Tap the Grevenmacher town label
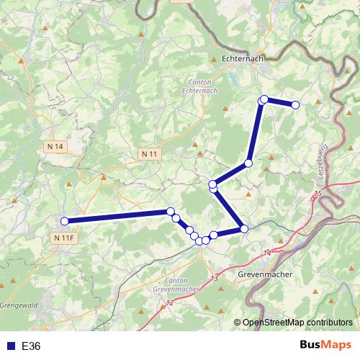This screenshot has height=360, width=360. [262, 274]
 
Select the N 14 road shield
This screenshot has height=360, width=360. [55, 147]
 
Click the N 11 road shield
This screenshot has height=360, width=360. [150, 154]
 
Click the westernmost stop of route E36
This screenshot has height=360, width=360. [64, 221]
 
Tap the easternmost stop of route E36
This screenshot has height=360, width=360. [295, 105]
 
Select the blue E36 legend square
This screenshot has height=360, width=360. [9, 346]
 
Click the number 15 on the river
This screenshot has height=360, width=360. [318, 195]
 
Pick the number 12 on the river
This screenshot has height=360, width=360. [169, 304]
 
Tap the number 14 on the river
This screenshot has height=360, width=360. [267, 253]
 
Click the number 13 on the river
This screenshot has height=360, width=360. [214, 278]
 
